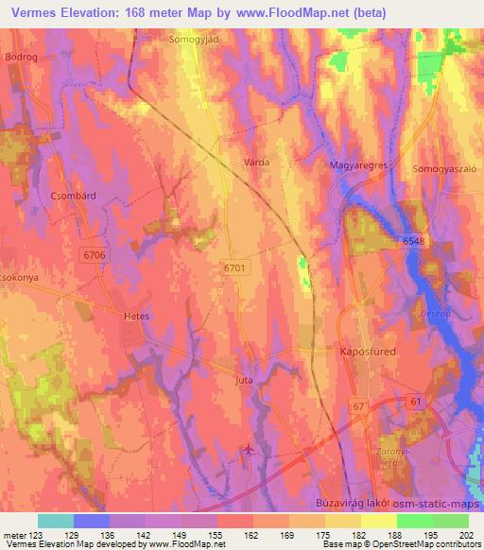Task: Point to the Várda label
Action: pos(257,163)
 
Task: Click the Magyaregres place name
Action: pos(358,166)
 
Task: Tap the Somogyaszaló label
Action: pos(440,167)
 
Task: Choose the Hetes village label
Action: pos(137,317)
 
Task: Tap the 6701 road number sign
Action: pos(234,268)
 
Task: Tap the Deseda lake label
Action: pos(433,313)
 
